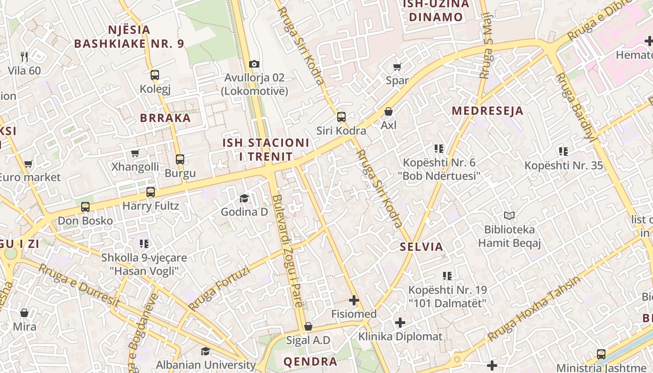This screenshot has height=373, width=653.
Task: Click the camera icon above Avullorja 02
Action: pyautogui.click(x=254, y=64)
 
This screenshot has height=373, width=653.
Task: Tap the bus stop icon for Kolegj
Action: pyautogui.click(x=155, y=75)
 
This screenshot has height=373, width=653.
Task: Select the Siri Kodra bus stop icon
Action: pyautogui.click(x=341, y=117)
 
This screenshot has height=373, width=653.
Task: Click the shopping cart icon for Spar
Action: pyautogui.click(x=397, y=67)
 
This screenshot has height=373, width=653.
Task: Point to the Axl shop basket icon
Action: pyautogui.click(x=389, y=111)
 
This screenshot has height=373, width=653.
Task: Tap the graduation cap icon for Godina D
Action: pyautogui.click(x=244, y=199)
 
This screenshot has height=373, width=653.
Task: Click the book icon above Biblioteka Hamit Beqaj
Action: pyautogui.click(x=509, y=216)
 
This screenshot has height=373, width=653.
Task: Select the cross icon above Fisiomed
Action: pyautogui.click(x=354, y=300)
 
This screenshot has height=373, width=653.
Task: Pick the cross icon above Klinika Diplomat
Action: pyautogui.click(x=400, y=323)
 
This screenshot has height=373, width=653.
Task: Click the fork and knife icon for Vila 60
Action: pyautogui.click(x=24, y=57)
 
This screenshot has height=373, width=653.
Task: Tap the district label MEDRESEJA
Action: pyautogui.click(x=487, y=111)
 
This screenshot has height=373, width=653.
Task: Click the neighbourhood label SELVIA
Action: pyautogui.click(x=421, y=247)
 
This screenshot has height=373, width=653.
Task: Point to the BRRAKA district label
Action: pyautogui.click(x=166, y=118)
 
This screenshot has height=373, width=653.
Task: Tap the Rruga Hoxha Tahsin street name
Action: pyautogui.click(x=534, y=308)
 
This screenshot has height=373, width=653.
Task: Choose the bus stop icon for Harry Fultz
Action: pyautogui.click(x=151, y=192)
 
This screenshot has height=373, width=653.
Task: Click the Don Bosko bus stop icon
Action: pyautogui.click(x=85, y=207)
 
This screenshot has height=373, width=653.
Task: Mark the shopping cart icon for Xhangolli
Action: pyautogui.click(x=135, y=153)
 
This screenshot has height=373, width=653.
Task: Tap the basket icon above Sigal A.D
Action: pyautogui.click(x=308, y=326)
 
